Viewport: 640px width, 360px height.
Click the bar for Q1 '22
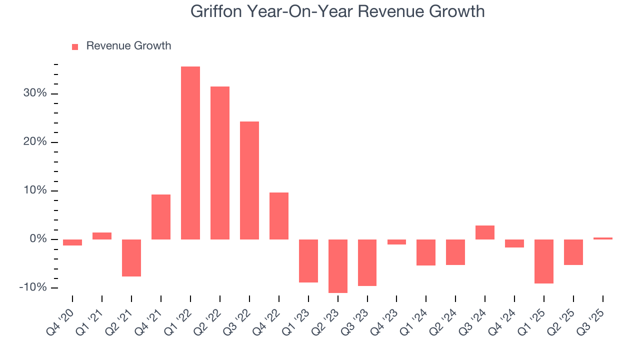190,152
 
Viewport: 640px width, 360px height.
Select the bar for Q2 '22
220,162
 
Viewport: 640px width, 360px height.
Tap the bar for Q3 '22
249,180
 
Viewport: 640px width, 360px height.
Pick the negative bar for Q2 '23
338,266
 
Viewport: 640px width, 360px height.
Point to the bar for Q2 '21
131,257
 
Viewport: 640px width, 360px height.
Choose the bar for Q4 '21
161,216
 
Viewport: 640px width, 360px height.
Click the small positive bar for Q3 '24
485,232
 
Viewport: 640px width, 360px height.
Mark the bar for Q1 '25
544,261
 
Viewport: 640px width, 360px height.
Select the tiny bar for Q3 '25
603,238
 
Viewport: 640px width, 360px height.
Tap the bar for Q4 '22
279,215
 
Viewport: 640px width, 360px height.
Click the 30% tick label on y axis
35,93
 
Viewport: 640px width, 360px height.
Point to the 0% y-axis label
37,239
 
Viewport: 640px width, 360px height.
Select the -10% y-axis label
33,287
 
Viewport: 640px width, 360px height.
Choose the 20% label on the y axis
35,142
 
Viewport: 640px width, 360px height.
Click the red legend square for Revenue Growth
75,46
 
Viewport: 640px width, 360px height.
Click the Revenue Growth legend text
128,46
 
